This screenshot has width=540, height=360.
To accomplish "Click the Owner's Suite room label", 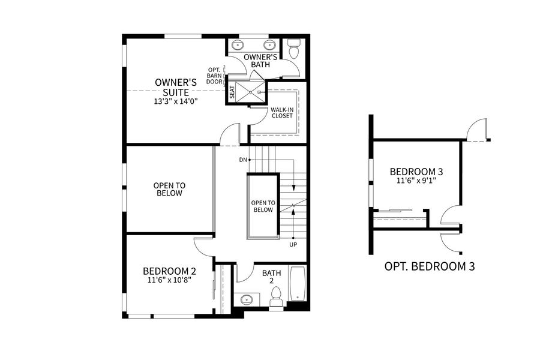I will coord(172,87).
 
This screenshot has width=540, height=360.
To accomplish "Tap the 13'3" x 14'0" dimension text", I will coord(175,101).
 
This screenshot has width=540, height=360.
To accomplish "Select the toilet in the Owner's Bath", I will coord(293,50).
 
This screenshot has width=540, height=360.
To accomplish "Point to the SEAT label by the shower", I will coord(232,92).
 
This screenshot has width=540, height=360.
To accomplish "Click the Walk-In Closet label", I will coord(281,112).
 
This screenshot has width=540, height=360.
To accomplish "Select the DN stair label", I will coord(243,160).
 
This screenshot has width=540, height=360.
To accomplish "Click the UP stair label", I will coord(293,244).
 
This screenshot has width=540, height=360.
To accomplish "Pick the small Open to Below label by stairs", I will coord(263,206).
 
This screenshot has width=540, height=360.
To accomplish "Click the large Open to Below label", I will coord(169,189).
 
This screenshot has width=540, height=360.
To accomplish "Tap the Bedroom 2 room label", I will coord(169,271).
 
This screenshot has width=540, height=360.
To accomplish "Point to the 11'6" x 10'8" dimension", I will coord(169,280).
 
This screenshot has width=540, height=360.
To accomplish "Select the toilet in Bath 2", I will coord(277,295).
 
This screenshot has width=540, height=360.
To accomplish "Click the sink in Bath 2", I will coord(245,299).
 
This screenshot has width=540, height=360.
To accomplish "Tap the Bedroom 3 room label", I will coord(416,171).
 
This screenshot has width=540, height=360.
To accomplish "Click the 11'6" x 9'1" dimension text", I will coord(416,181).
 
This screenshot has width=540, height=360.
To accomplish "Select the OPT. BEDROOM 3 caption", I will coord(429,266).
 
